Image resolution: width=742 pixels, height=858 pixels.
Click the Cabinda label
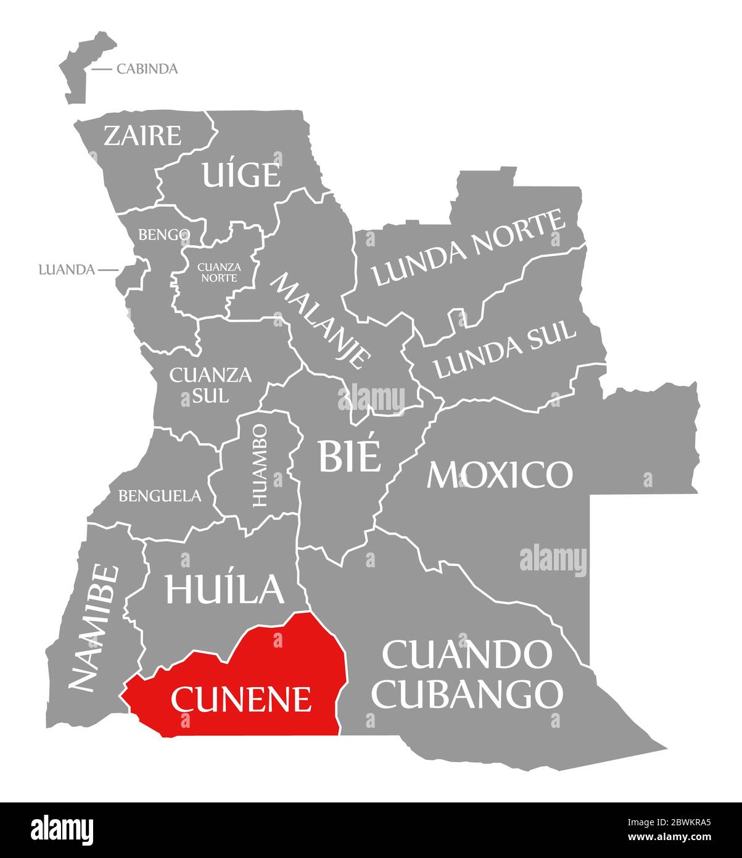147,69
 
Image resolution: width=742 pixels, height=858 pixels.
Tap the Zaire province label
142,135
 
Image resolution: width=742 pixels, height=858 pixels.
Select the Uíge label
241,175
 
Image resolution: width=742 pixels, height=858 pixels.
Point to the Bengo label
164,235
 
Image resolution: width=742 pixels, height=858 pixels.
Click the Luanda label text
66,270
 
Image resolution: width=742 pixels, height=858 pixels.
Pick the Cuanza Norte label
218,272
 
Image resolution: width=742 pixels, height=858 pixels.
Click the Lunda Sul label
505,349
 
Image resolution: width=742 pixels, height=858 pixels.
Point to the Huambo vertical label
260,465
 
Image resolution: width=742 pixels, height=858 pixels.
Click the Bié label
348,456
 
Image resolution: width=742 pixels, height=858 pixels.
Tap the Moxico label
500,474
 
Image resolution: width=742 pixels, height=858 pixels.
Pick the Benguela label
160,495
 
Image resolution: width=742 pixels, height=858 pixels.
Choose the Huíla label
225,588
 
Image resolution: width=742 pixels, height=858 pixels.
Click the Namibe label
93,627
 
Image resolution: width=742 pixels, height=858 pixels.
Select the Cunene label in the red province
241,699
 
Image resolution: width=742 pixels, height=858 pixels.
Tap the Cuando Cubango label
468,674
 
